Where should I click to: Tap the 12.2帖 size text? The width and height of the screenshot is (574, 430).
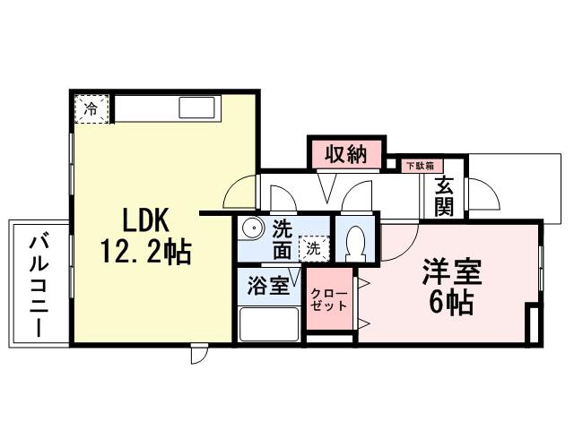tap(145, 254)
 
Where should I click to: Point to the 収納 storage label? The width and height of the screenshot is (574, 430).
tap(345, 153)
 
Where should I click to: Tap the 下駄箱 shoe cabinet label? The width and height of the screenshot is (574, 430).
tap(419, 166)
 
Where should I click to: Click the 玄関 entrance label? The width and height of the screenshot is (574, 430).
tap(445, 197)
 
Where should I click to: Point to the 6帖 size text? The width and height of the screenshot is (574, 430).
tap(452, 304)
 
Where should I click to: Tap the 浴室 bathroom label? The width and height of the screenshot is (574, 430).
tap(267, 286)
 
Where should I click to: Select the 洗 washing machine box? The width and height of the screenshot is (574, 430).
tap(313, 248)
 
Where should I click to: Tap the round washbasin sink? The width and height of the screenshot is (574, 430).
tap(252, 228)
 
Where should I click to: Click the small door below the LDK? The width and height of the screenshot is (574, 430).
tap(199, 354)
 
